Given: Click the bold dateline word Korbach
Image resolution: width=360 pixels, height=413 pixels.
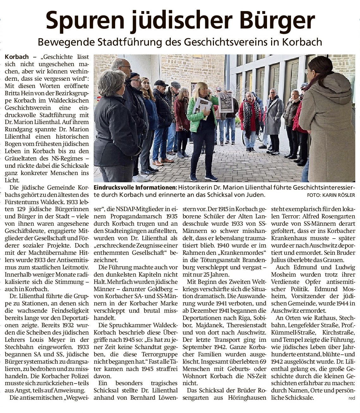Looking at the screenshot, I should tap(17, 57).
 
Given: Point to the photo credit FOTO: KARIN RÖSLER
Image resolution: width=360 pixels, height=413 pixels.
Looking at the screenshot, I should tap(331, 195).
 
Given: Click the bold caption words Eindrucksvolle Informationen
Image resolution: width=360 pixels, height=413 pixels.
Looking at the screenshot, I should tap(135, 188).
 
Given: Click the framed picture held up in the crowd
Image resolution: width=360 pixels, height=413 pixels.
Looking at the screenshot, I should tap(226, 102).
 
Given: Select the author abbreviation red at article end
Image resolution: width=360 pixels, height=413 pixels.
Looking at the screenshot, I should tap(351, 398).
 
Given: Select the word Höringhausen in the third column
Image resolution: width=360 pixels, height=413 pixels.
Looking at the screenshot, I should tap(247, 398).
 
